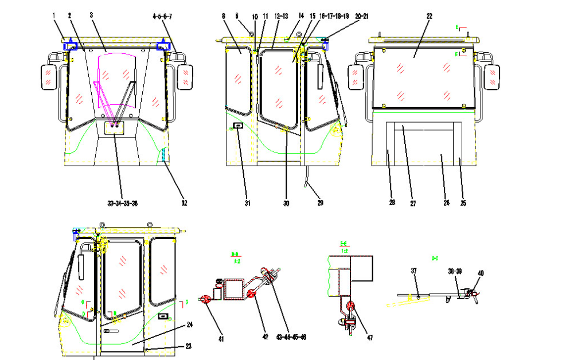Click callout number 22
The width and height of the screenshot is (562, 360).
coord(429,17)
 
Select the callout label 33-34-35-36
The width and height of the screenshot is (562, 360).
coord(122,202)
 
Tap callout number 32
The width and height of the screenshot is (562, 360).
coord(184,202)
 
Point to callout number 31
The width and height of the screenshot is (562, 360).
coord(247,202)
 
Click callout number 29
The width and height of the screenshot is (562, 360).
coord(321,202)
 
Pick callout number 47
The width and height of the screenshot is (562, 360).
coord(370,338)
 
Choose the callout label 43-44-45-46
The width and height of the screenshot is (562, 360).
coord(291,337)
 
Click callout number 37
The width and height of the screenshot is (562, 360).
coord(413,271)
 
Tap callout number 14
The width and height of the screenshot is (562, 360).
coord(302,17)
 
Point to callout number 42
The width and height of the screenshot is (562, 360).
coord(265,338)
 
